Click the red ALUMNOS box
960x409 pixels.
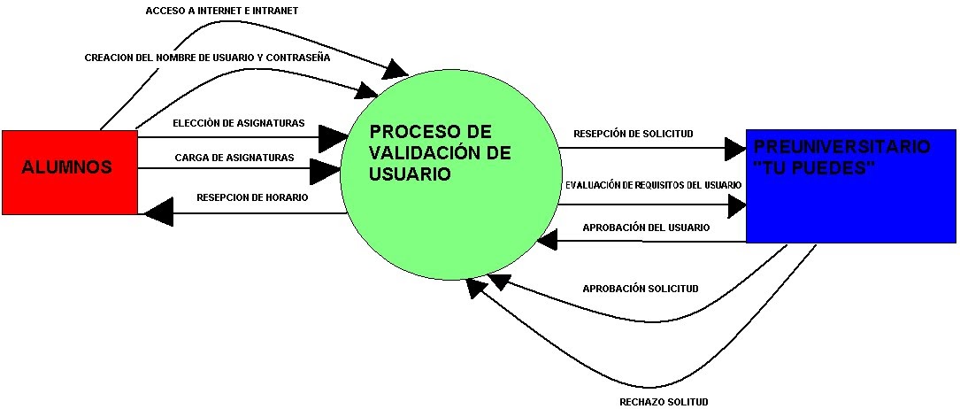pyautogui.click(x=69, y=172)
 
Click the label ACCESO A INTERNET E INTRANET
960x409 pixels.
pyautogui.click(x=221, y=11)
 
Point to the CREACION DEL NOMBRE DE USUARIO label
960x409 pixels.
pyautogui.click(x=207, y=58)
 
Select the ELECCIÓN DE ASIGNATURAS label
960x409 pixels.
pyautogui.click(x=239, y=122)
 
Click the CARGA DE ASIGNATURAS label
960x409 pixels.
pyautogui.click(x=234, y=158)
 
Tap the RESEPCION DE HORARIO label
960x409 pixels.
pyautogui.click(x=252, y=197)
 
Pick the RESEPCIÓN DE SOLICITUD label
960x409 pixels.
pyautogui.click(x=633, y=134)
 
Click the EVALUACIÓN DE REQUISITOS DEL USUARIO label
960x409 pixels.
pyautogui.click(x=653, y=184)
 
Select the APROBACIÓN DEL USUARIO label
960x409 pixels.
pyautogui.click(x=646, y=228)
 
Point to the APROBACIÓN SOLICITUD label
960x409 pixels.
pyautogui.click(x=641, y=289)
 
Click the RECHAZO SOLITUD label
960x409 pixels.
pyautogui.click(x=664, y=402)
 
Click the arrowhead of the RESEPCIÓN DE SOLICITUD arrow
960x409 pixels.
pyautogui.click(x=734, y=149)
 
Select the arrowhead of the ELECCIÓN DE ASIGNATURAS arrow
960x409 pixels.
pyautogui.click(x=334, y=137)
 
